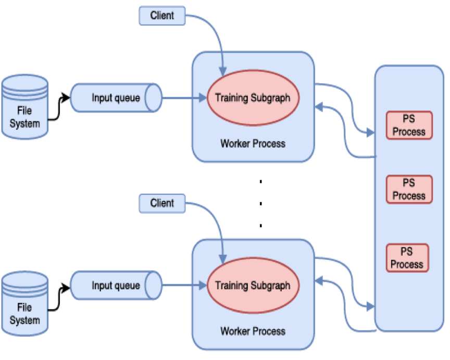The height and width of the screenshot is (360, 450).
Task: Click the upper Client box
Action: pyautogui.click(x=162, y=16)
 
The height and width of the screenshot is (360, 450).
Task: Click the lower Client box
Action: pyautogui.click(x=162, y=203)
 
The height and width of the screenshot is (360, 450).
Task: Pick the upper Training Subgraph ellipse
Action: pyautogui.click(x=253, y=98)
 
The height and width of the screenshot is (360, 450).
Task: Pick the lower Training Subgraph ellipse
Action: pyautogui.click(x=253, y=285)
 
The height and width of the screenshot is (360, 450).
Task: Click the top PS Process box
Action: pyautogui.click(x=409, y=125)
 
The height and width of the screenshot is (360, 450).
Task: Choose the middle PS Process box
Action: pyautogui.click(x=409, y=189)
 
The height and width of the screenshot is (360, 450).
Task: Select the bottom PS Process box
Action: pyautogui.click(x=407, y=258)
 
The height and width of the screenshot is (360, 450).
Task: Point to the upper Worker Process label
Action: pyautogui.click(x=253, y=143)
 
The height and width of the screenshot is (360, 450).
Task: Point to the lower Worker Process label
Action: pyautogui.click(x=253, y=331)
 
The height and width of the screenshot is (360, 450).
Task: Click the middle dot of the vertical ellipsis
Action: pyautogui.click(x=260, y=204)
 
